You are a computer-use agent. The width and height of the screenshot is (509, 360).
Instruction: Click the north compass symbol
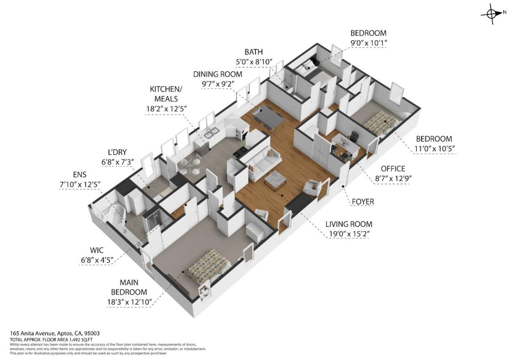point(492,14)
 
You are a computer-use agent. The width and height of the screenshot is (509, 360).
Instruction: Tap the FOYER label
point(362,202)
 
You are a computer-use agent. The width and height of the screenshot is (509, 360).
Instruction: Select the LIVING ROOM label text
point(348,224)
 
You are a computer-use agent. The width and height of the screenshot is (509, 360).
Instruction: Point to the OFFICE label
point(393,169)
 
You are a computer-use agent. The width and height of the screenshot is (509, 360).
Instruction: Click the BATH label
point(253,52)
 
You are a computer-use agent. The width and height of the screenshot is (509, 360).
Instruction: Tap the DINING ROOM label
point(218,74)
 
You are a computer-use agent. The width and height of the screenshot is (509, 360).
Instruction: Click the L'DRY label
point(114,152)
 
